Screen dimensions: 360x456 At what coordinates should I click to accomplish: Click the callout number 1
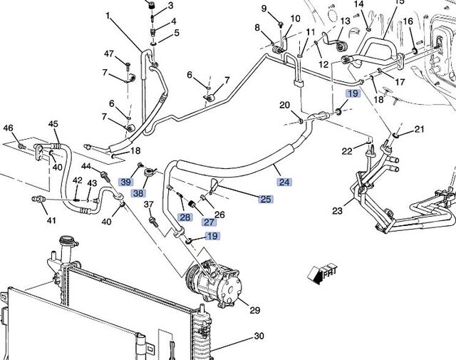108,15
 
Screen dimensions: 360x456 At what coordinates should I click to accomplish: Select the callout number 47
109,54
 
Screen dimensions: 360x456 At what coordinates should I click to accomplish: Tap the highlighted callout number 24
284,182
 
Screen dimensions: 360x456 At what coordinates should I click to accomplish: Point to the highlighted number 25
265,199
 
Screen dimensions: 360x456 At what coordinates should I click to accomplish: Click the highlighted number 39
126,182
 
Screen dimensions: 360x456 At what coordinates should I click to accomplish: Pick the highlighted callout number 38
138,193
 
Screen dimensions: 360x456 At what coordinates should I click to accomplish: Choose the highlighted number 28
185,217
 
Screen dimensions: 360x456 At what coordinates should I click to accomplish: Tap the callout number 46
9,128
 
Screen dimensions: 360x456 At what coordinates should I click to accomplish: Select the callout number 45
53,124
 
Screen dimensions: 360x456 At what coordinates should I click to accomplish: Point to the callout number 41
51,220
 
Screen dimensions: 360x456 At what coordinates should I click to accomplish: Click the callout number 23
336,211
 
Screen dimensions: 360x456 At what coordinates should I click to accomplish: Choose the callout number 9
264,9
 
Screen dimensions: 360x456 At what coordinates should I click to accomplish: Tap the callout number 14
359,4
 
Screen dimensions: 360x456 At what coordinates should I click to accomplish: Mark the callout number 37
149,206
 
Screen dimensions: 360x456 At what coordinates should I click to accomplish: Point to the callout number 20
284,106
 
